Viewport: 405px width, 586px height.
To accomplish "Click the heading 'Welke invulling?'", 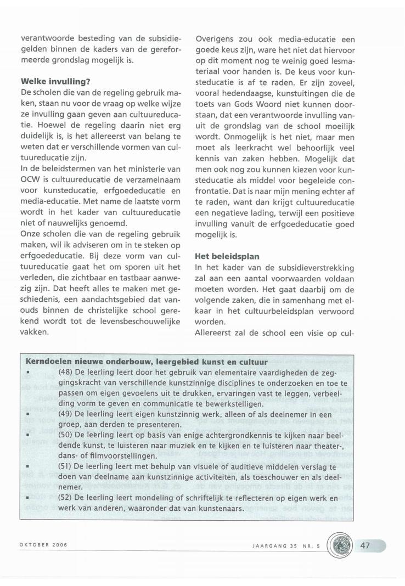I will coord(55,82).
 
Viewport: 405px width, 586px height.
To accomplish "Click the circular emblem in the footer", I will coord(340,546).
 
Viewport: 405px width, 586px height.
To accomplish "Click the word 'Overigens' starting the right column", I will coord(216,40).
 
